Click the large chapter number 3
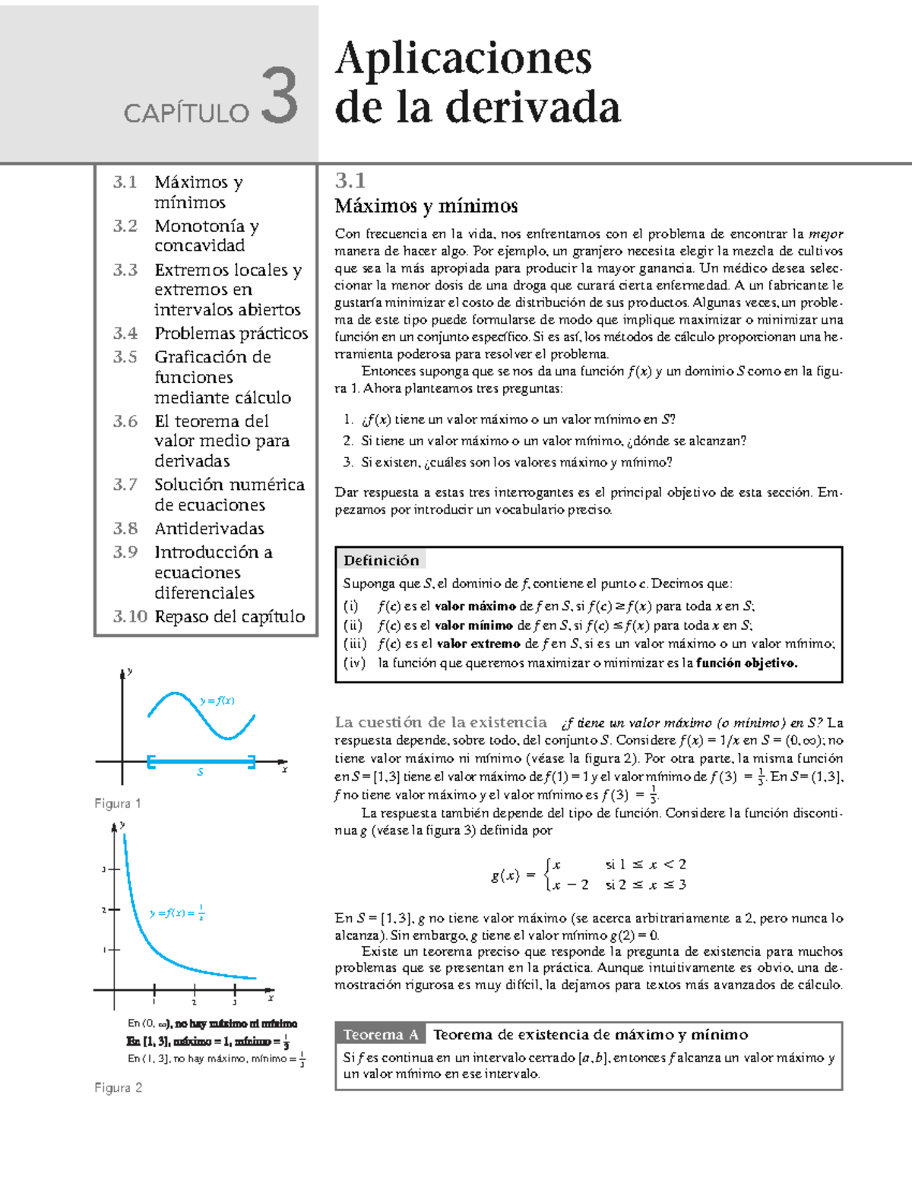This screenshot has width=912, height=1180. coord(279,96)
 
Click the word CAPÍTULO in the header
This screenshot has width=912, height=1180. coord(186,113)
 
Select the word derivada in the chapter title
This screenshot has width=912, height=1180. coord(533,107)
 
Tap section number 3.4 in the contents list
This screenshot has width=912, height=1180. coord(125,333)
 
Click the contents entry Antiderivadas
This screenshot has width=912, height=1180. coord(209,528)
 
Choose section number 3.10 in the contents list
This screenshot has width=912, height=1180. coord(130,616)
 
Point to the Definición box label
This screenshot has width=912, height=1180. coord(381,560)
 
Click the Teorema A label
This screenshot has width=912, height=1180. coord(380,1034)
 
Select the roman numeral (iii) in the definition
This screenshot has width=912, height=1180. coord(355,644)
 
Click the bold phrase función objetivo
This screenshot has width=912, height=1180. coord(746,663)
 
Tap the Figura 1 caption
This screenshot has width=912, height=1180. coord(117,803)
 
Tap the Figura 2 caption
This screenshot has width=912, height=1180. coord(118,1087)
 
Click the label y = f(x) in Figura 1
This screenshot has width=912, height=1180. coord(217,701)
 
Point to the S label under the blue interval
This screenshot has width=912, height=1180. coord(201,772)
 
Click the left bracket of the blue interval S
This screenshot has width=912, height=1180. coord(150,761)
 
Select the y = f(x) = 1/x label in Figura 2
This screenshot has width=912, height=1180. coord(176,913)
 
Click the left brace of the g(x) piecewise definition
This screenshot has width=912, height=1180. coord(547,875)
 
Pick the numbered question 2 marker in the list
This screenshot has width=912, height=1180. coord(347,440)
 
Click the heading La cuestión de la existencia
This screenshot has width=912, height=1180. coord(440,722)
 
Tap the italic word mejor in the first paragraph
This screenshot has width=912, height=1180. coord(825,233)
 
